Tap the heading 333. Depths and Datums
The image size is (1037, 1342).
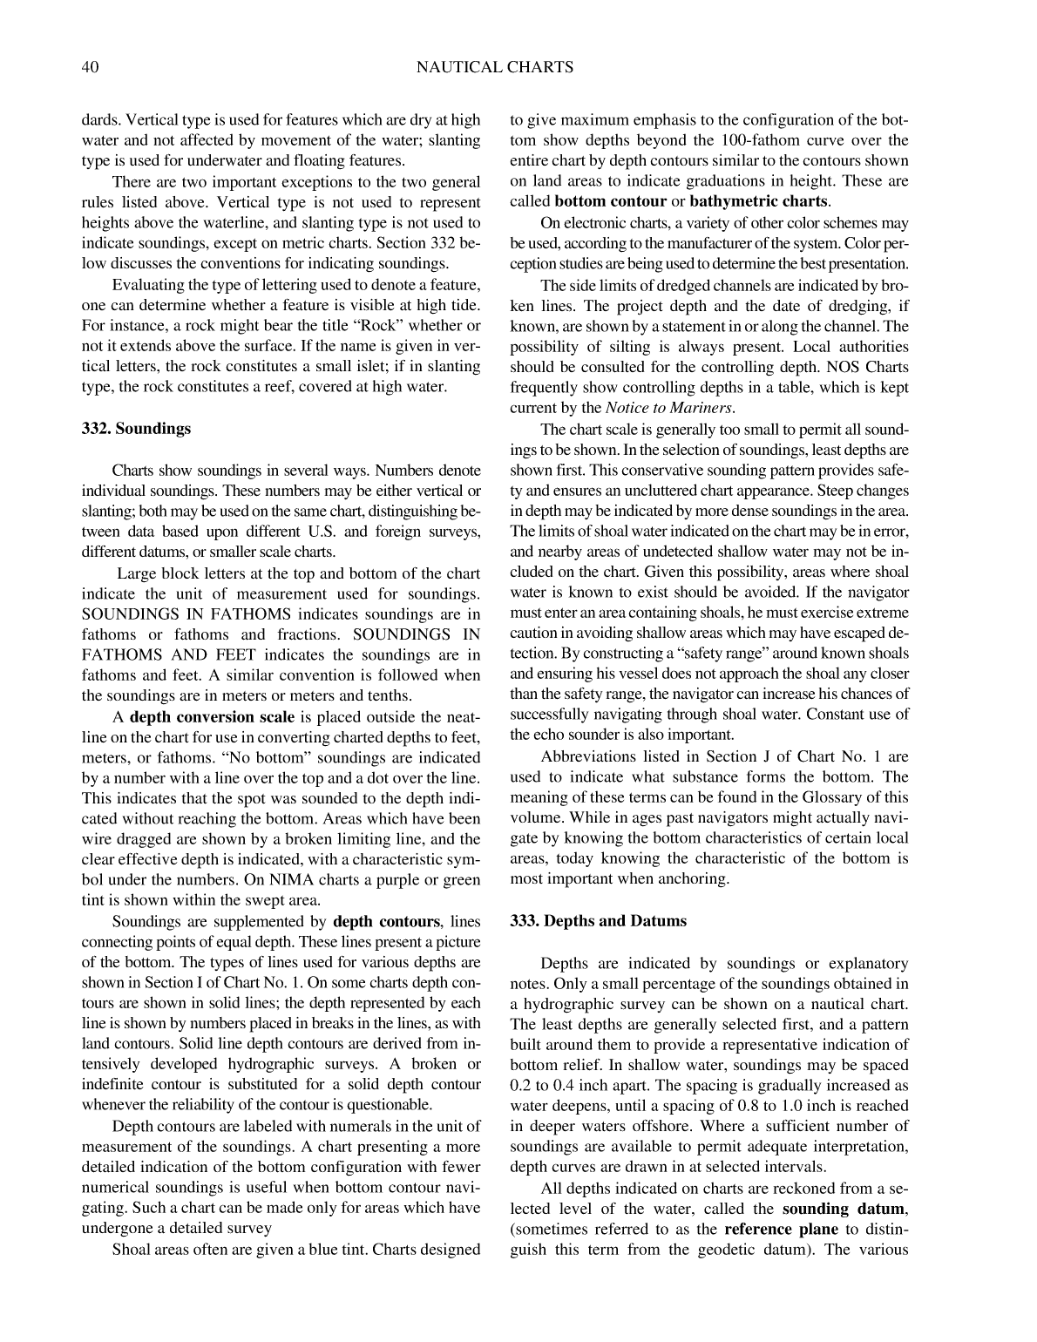(x=598, y=921)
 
